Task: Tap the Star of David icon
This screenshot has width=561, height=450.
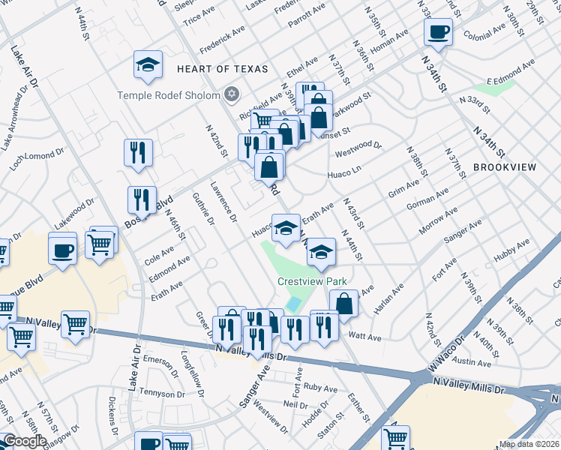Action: (232, 94)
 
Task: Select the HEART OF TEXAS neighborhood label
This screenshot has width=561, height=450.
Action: (222, 69)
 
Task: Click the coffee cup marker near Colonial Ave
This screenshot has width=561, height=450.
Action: (438, 32)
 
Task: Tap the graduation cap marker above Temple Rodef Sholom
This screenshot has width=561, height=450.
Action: (148, 65)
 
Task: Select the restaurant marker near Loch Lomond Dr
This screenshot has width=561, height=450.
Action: (138, 153)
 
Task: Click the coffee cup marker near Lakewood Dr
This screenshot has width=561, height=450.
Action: (62, 247)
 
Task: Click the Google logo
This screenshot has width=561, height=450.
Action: (25, 441)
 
